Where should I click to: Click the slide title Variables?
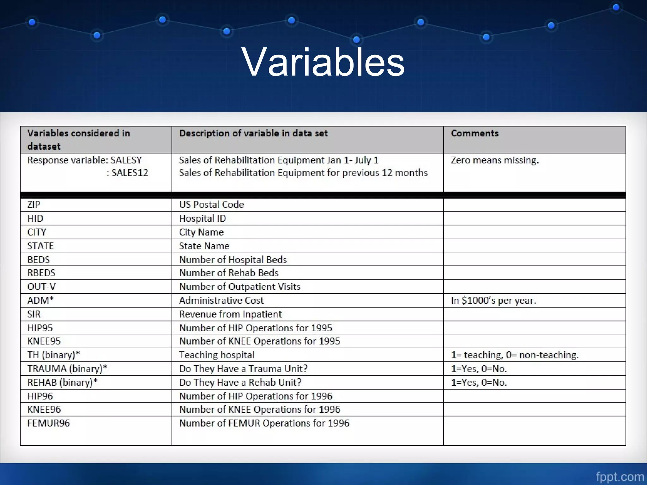tap(323, 62)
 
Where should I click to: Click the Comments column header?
tap(475, 133)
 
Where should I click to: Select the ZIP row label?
tap(34, 205)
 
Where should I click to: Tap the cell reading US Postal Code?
tap(211, 205)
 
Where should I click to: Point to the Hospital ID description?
tap(203, 219)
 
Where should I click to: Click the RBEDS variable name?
tap(41, 273)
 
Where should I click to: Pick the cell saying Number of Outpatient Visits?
tap(239, 287)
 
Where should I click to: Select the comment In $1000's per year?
tap(493, 300)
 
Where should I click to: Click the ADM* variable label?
tap(40, 300)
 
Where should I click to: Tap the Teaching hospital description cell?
tap(217, 355)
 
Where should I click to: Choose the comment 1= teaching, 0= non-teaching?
tap(515, 355)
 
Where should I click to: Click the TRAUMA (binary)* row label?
tap(67, 369)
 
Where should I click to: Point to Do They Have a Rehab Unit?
tap(240, 382)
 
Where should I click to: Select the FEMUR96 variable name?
tap(49, 423)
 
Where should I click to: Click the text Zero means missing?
tap(495, 160)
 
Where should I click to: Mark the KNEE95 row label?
tap(44, 341)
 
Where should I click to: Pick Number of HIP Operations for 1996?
tap(256, 396)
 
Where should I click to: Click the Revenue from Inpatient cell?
tap(230, 314)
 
